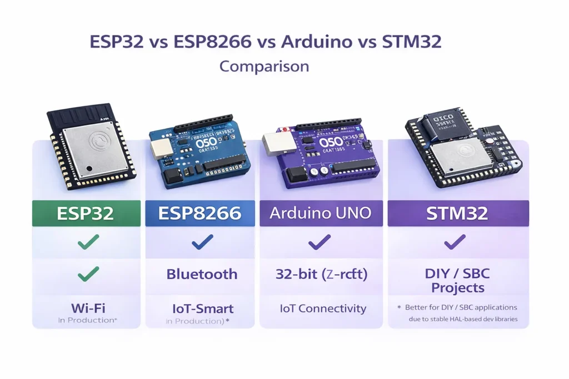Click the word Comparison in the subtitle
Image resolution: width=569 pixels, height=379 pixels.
[x=264, y=66]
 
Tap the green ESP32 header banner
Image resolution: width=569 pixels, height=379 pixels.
[x=86, y=213]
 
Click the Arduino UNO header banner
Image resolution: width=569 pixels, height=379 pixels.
[x=321, y=213]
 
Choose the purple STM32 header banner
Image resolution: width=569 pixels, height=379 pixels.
[x=458, y=213]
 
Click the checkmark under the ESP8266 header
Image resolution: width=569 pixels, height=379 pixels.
[x=202, y=242]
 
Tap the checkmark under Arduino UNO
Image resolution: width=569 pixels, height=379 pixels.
[x=320, y=242]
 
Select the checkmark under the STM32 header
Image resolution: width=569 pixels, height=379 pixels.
[x=455, y=242]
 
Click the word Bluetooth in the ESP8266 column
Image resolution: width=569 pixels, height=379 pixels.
[x=202, y=274]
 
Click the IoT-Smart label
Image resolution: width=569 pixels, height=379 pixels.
[x=202, y=309]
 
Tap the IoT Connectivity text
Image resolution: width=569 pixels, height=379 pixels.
[x=323, y=309]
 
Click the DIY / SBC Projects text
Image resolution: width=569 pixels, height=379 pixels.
[x=458, y=281]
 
